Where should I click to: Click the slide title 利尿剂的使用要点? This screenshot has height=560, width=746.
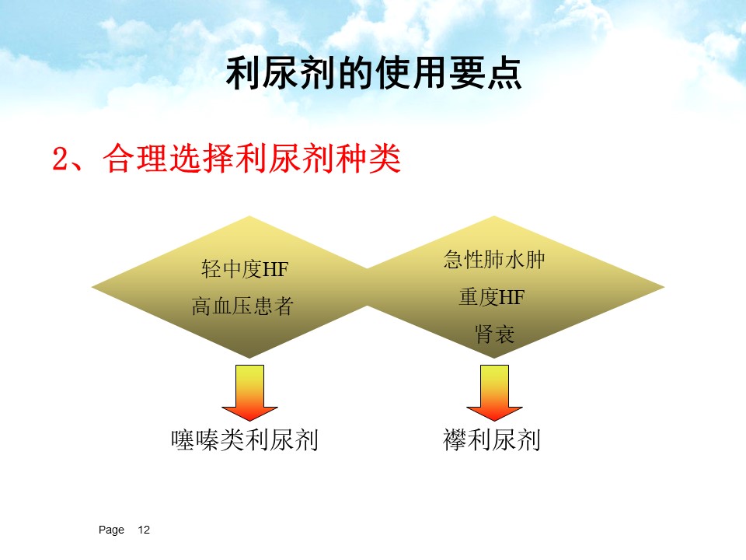coord(374,73)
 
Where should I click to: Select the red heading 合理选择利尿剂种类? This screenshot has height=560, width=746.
coord(252,159)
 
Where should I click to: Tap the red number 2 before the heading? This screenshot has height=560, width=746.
coord(61,159)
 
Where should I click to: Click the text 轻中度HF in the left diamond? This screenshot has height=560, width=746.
coord(245,269)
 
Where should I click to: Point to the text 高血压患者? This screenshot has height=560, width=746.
coord(242,306)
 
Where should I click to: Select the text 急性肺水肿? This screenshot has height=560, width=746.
coord(494,260)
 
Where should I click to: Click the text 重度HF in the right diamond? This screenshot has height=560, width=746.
coord(491,296)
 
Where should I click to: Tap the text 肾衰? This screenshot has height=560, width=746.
coord(494,334)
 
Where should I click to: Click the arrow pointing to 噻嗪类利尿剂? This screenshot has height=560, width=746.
coord(249,393)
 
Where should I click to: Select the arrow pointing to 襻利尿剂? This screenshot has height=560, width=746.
coord(494,393)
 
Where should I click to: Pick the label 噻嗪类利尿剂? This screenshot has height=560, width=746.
coord(245,439)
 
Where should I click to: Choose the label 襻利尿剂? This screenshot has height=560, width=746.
coord(491,439)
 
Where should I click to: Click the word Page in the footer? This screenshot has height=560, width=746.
coord(111,530)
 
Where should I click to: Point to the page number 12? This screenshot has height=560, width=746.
coord(144,530)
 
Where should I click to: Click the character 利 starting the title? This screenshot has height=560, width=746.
coord(243,73)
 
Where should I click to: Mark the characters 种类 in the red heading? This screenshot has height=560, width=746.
coord(368,159)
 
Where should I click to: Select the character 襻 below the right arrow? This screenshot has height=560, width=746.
coord(455,439)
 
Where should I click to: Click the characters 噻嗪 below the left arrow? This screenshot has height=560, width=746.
coord(195,439)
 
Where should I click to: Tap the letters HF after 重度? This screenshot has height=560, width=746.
coord(511,297)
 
